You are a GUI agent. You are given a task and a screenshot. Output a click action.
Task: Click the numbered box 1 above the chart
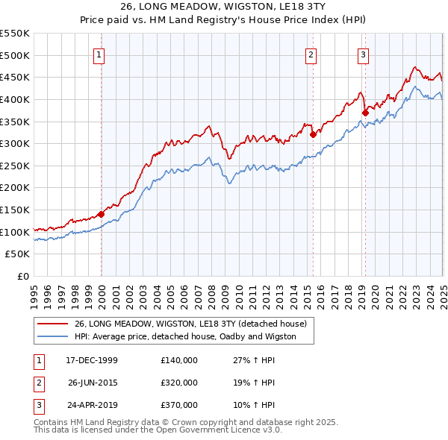click(99, 54)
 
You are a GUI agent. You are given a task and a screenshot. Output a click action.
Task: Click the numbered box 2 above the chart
click(311, 54)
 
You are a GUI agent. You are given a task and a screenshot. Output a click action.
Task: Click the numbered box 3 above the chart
click(363, 54)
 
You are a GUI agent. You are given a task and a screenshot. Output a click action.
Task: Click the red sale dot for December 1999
click(102, 214)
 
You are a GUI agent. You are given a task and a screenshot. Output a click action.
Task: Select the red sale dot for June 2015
click(314, 135)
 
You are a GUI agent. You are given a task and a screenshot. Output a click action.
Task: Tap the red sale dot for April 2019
click(365, 113)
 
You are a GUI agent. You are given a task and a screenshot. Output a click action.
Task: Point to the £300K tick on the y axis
click(16, 143)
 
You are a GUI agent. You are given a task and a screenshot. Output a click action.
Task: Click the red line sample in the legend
click(52, 324)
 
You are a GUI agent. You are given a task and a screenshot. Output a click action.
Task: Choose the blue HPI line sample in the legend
click(52, 336)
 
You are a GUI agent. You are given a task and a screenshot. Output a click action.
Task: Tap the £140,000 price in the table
click(179, 360)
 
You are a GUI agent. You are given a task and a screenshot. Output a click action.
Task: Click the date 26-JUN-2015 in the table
click(93, 383)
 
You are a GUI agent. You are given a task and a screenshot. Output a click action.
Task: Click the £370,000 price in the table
click(179, 405)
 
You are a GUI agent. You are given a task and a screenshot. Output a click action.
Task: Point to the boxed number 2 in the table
click(38, 383)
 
